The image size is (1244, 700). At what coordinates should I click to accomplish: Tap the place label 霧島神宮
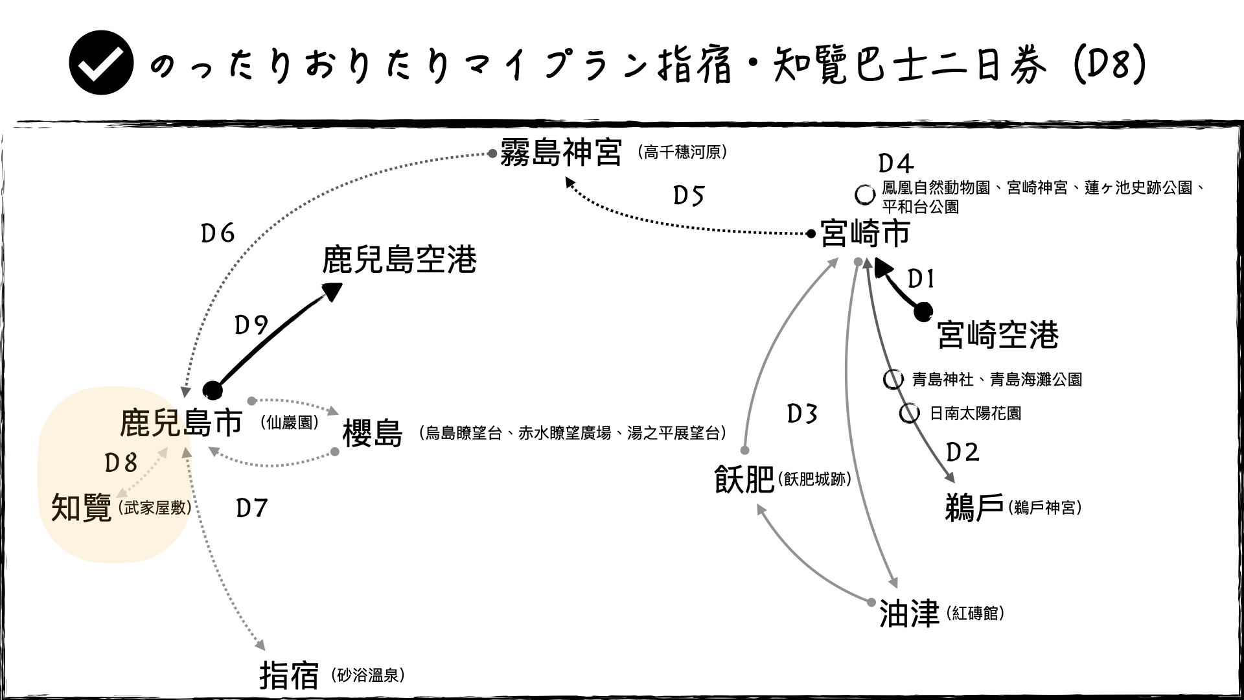[561, 153]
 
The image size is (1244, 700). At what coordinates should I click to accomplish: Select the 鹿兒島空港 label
[399, 259]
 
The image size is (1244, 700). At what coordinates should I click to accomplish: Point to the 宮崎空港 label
[998, 335]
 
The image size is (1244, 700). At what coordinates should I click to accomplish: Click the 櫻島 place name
[373, 434]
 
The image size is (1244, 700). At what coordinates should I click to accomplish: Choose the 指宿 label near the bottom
[289, 675]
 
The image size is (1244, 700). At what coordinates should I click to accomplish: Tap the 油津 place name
[909, 613]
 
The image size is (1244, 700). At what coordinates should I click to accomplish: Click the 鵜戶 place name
[974, 507]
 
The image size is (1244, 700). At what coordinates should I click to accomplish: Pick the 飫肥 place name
[744, 480]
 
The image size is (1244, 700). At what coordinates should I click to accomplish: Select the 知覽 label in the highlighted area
[81, 508]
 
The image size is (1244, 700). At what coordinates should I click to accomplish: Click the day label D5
[688, 196]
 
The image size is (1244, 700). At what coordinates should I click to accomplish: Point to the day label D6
[218, 233]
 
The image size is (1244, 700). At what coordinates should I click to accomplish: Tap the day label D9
[251, 325]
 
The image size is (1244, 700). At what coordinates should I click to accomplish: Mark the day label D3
[802, 414]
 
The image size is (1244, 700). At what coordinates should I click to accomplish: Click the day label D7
[252, 508]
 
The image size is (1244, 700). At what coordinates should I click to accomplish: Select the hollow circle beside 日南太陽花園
[909, 414]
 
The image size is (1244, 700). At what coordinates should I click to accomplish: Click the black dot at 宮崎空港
[923, 312]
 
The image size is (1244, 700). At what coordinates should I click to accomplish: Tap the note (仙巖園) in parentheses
[290, 423]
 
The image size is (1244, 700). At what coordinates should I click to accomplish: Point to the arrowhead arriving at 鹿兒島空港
[332, 291]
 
